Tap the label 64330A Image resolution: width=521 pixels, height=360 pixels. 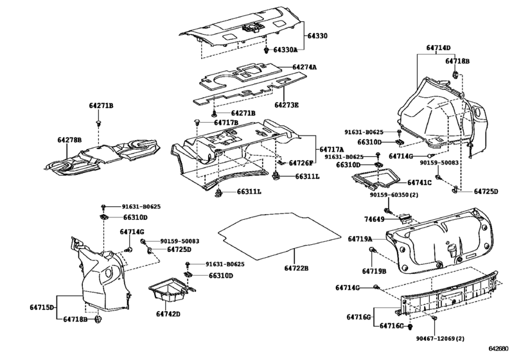click(x=287, y=50)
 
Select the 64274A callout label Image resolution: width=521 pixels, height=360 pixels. click(x=306, y=67)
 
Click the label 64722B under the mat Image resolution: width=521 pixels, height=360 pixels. click(x=297, y=267)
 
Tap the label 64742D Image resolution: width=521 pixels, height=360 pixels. click(x=168, y=314)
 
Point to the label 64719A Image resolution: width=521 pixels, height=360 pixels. click(x=360, y=239)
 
